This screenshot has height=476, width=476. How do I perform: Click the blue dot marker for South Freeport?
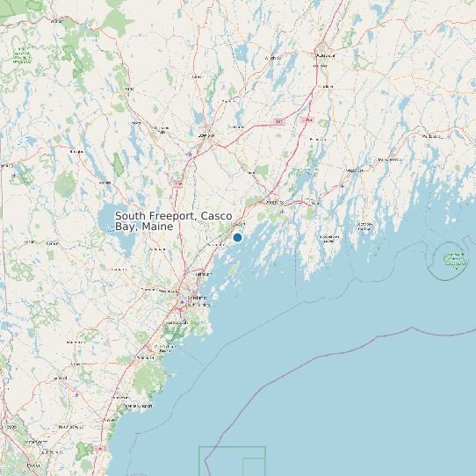tap(237, 237)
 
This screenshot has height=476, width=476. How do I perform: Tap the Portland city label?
tap(196, 298)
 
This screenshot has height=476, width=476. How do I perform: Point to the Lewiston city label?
tap(207, 135)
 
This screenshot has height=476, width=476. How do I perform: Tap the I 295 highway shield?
tap(278, 121)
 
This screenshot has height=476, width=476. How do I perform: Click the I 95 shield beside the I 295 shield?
tap(307, 119)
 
